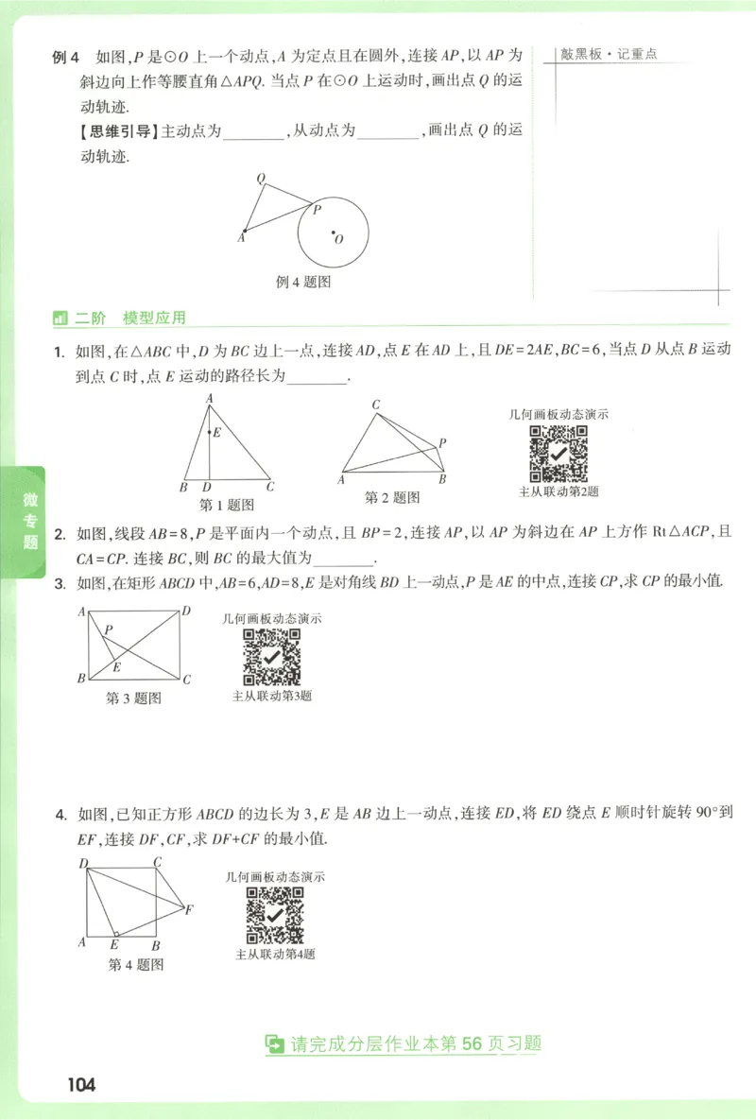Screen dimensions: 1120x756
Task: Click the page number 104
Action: [x=81, y=1084]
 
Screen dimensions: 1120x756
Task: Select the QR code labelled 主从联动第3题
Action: [x=272, y=657]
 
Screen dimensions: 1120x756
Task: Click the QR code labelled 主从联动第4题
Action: [x=275, y=916]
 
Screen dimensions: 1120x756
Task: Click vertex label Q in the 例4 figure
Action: [x=260, y=178]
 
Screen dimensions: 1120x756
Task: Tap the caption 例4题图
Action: [x=302, y=282]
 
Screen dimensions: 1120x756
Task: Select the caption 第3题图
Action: [x=133, y=698]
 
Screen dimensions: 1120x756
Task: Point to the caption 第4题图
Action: [x=136, y=965]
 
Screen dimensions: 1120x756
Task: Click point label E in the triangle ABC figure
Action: [x=217, y=432]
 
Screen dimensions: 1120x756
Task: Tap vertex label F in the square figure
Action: [x=189, y=910]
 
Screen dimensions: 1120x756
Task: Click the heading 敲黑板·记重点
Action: [x=609, y=55]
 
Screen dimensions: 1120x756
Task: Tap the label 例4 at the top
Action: [x=64, y=57]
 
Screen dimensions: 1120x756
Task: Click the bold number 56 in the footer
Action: [x=472, y=1043]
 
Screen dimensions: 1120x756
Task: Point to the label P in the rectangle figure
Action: [x=109, y=629]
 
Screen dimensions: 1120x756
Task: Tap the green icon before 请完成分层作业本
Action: [x=274, y=1044]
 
